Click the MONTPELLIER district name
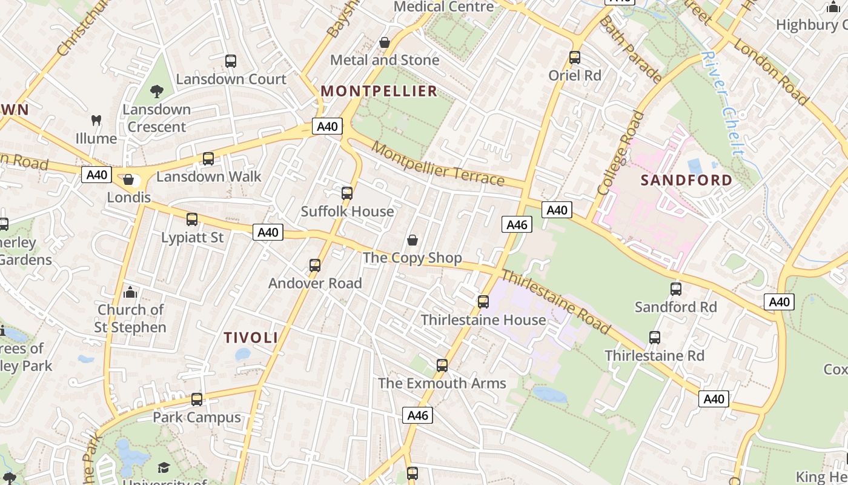click(379, 92)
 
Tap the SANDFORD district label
click(686, 180)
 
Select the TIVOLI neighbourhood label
click(251, 338)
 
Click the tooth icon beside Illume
click(96, 120)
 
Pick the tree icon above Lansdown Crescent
click(157, 92)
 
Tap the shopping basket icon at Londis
click(128, 179)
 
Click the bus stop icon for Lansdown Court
click(231, 61)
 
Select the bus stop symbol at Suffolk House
click(347, 193)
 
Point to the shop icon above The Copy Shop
click(412, 240)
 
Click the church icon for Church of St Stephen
click(130, 293)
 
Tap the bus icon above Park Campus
click(197, 400)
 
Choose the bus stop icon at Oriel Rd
click(575, 58)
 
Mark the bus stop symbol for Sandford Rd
click(676, 289)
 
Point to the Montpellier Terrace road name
click(437, 164)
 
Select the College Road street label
click(621, 153)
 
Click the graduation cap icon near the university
click(164, 467)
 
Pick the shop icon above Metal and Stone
click(384, 42)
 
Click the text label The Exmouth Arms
click(442, 383)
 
